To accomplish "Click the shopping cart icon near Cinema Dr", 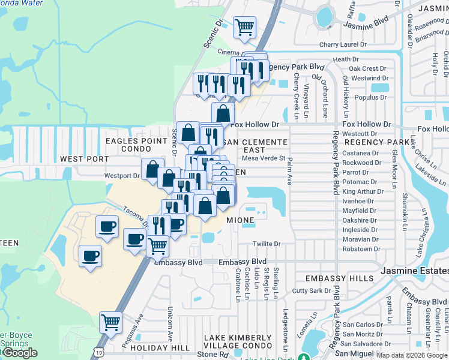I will pyautogui.click(x=244, y=27).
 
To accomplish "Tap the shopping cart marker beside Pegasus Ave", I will pyautogui.click(x=110, y=322).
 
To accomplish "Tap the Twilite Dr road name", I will pyautogui.click(x=267, y=244).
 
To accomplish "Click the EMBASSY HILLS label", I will pyautogui.click(x=334, y=279).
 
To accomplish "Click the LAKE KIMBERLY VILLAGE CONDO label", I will pyautogui.click(x=238, y=342).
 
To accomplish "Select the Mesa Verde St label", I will pyautogui.click(x=263, y=159).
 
